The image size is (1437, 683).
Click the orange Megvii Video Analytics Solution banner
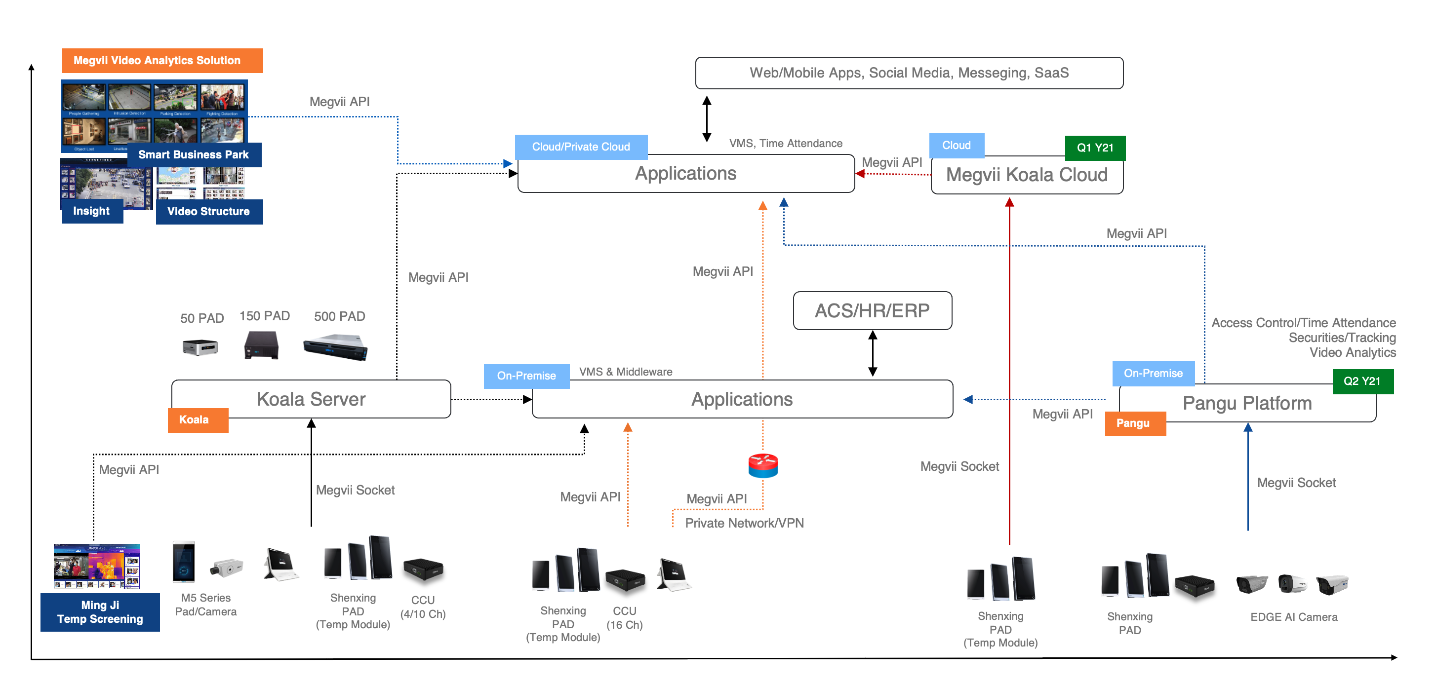click(162, 60)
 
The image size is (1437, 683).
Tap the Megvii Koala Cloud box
click(1027, 175)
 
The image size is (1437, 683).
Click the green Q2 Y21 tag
click(1362, 381)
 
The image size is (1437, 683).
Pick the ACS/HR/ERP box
click(872, 310)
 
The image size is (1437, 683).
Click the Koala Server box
click(311, 399)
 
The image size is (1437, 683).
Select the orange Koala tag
click(198, 420)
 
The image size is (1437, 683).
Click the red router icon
click(762, 465)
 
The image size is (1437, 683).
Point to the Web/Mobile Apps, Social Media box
click(909, 73)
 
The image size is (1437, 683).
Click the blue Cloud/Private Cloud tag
click(581, 147)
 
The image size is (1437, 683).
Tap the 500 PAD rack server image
click(335, 347)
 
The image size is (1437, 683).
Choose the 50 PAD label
click(202, 318)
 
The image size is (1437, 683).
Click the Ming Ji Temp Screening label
click(100, 612)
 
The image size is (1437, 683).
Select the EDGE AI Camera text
click(1293, 617)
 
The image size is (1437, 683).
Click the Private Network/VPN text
click(744, 523)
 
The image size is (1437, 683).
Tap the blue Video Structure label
click(208, 211)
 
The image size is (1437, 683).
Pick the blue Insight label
click(91, 211)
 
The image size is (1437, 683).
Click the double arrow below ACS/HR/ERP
click(873, 353)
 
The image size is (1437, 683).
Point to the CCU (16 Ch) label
click(624, 618)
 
